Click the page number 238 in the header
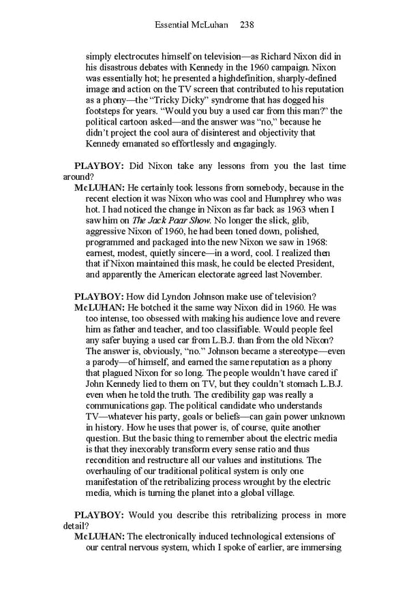247,25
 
